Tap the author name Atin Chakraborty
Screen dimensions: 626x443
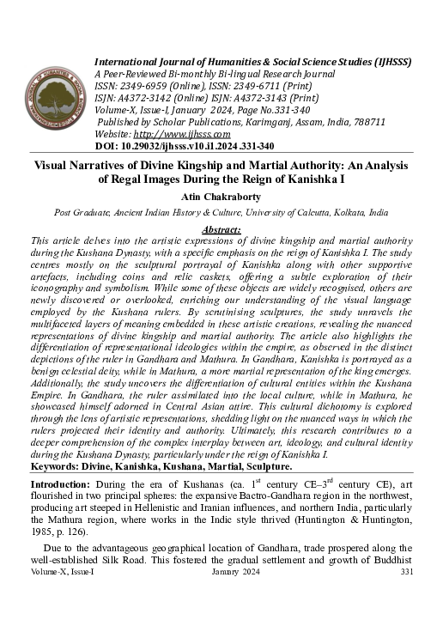click(221, 196)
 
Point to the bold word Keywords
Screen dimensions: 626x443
click(59, 466)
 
